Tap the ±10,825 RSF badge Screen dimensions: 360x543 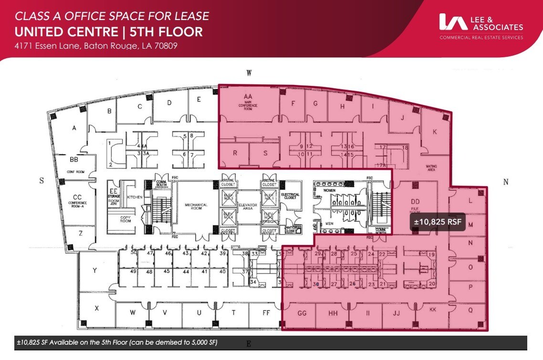(438, 222)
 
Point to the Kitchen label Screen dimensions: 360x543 (135, 197)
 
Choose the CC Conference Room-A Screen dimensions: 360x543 (77, 200)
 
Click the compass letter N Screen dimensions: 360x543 (506, 181)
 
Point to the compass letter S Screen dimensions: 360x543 (42, 181)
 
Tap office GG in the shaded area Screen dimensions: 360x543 (302, 313)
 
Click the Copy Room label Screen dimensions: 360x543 (125, 219)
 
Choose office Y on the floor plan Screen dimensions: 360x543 (95, 271)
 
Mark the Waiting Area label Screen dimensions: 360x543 (431, 168)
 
